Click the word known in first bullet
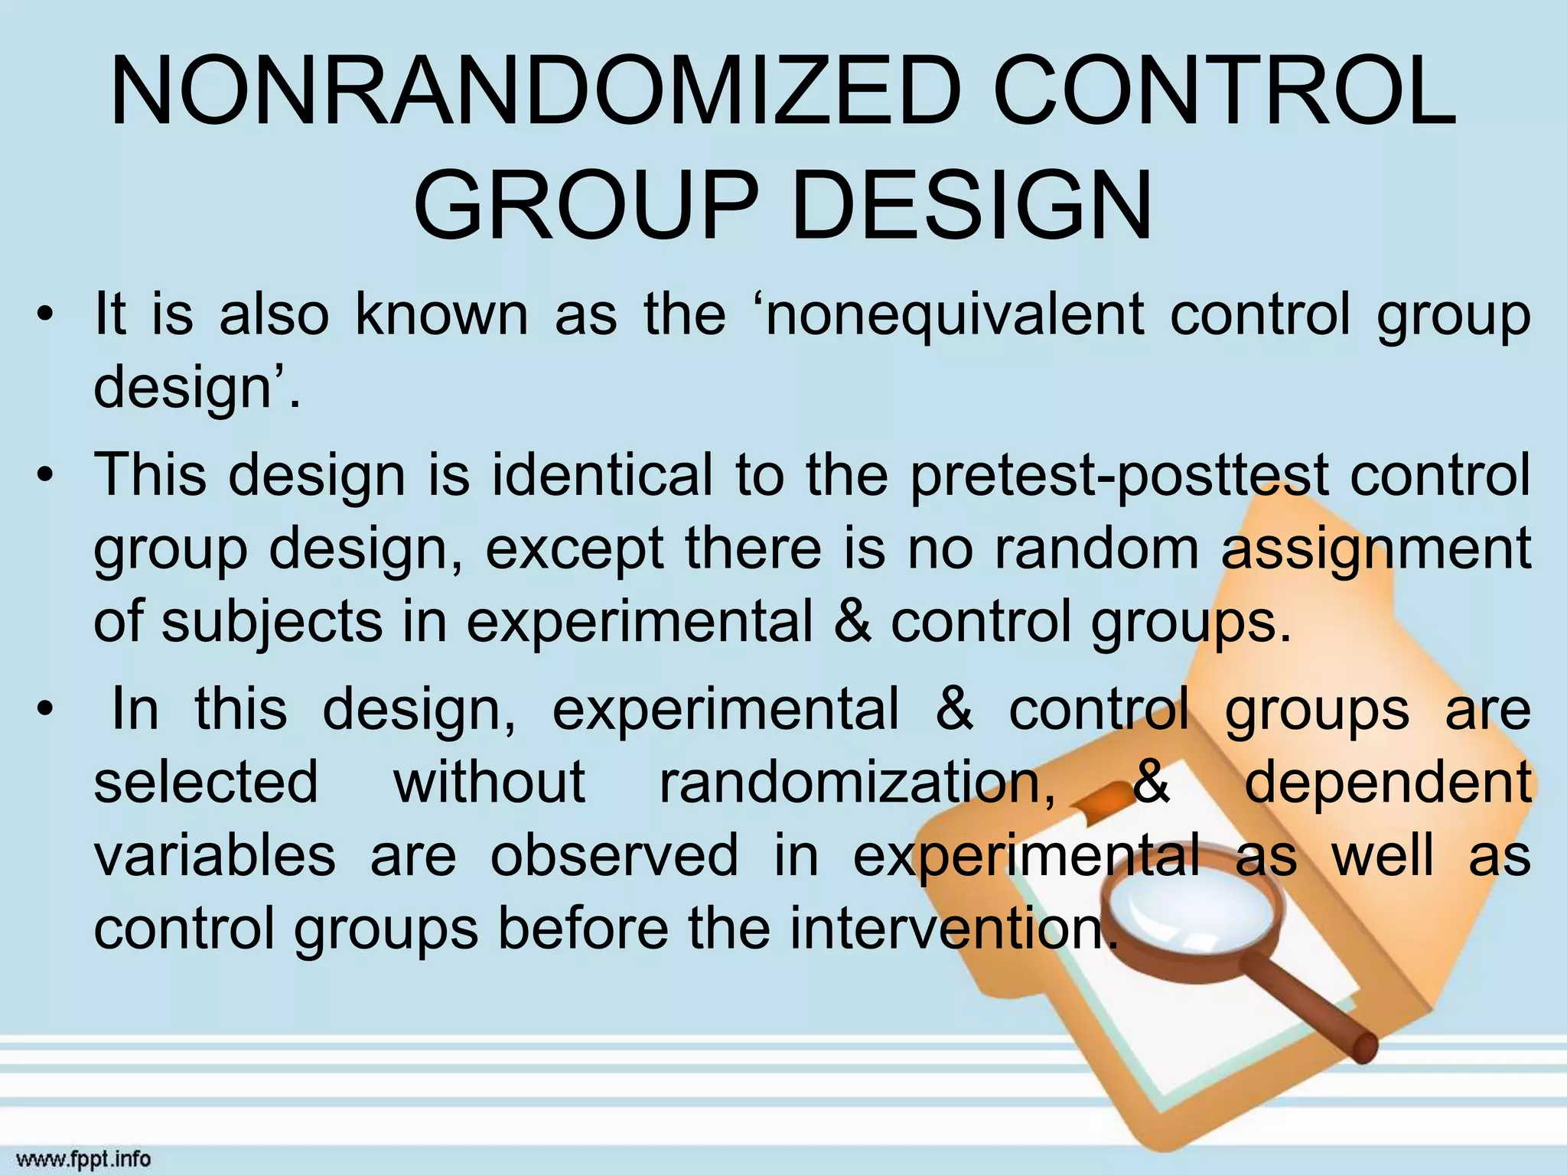pos(441,315)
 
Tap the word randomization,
pos(857,783)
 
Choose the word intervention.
pos(949,928)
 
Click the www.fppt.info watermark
pos(83,1159)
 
